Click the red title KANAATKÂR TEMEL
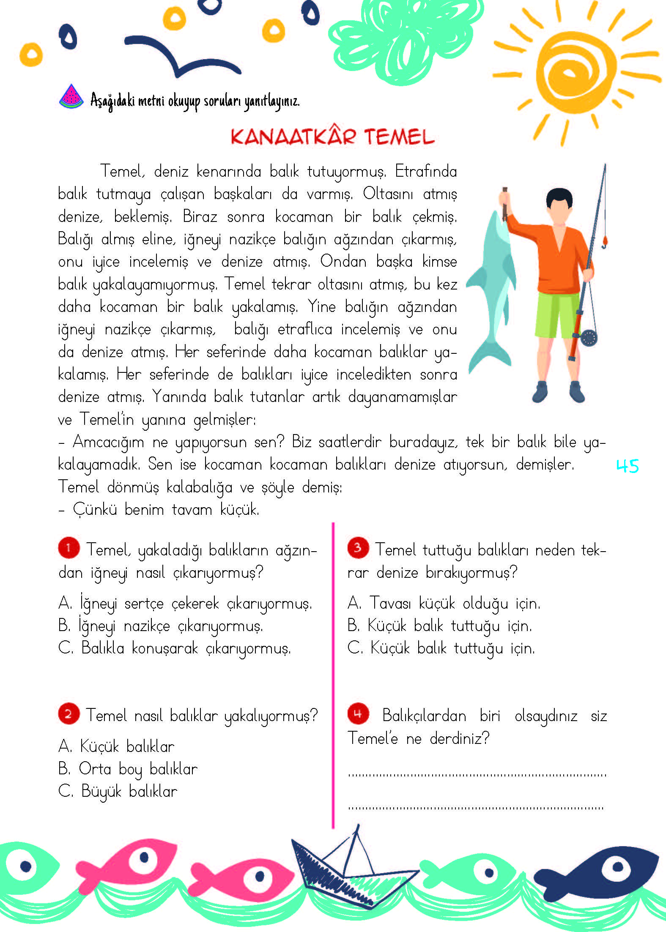[332, 137]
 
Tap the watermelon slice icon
[71, 97]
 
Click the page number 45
[628, 466]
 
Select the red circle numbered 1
[69, 548]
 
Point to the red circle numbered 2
[69, 714]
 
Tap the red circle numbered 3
[358, 548]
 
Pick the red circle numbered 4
[358, 714]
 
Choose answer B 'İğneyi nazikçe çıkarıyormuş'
[161, 626]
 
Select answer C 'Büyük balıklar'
[118, 791]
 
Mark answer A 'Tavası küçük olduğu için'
[444, 603]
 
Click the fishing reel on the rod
[588, 337]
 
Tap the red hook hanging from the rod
[604, 242]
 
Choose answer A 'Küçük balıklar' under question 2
[116, 746]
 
